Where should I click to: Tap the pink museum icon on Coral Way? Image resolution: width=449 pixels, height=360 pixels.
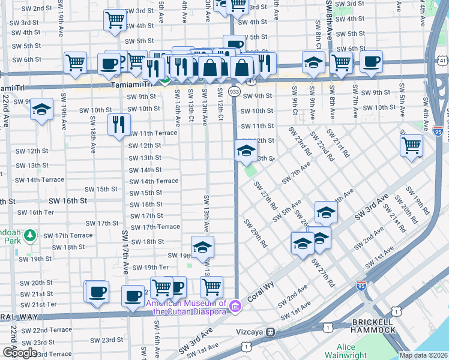pyautogui.click(x=236, y=307)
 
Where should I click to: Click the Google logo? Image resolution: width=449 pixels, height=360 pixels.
pyautogui.click(x=19, y=353)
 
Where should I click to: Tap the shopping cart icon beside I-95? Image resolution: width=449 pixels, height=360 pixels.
pyautogui.click(x=412, y=145)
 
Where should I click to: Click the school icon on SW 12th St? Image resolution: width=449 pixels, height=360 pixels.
pyautogui.click(x=246, y=151)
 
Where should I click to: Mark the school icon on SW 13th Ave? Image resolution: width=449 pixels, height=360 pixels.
pyautogui.click(x=202, y=247)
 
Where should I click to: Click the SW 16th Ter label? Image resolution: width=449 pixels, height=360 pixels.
pyautogui.click(x=36, y=212)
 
